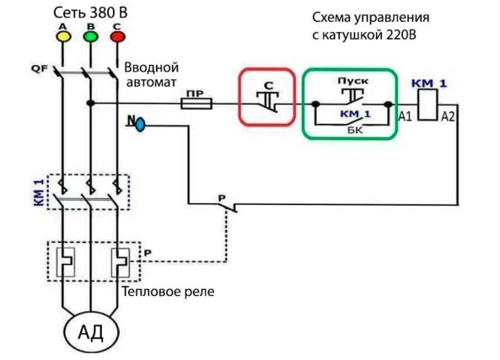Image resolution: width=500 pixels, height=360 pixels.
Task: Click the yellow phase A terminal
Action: click(62, 36)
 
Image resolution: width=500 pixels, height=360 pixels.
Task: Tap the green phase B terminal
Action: click(89, 36)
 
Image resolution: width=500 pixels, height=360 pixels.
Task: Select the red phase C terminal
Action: click(117, 36)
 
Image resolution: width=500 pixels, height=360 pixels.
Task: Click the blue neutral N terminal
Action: click(140, 124)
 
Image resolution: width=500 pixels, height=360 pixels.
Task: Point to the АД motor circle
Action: click(90, 331)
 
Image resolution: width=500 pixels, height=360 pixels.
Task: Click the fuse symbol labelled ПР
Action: click(193, 103)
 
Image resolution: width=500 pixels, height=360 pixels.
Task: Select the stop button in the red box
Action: click(267, 99)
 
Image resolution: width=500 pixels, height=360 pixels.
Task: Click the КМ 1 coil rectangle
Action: click(428, 105)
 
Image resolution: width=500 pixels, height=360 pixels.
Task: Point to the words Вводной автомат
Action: click(152, 74)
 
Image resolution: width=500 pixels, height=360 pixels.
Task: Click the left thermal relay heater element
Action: click(62, 264)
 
